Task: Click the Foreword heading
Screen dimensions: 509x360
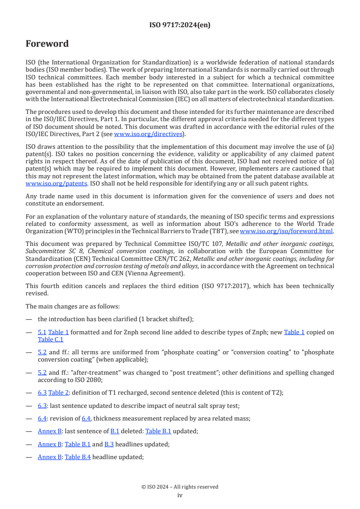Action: click(x=47, y=44)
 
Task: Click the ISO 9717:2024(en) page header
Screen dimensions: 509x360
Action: click(x=180, y=25)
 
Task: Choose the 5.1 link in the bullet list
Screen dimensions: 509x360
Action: click(x=42, y=332)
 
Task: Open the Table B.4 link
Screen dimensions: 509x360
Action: click(x=78, y=457)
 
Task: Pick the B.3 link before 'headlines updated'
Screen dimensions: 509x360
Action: click(x=109, y=444)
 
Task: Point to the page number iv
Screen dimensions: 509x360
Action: click(x=180, y=495)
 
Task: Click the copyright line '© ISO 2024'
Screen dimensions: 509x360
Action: click(x=180, y=487)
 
